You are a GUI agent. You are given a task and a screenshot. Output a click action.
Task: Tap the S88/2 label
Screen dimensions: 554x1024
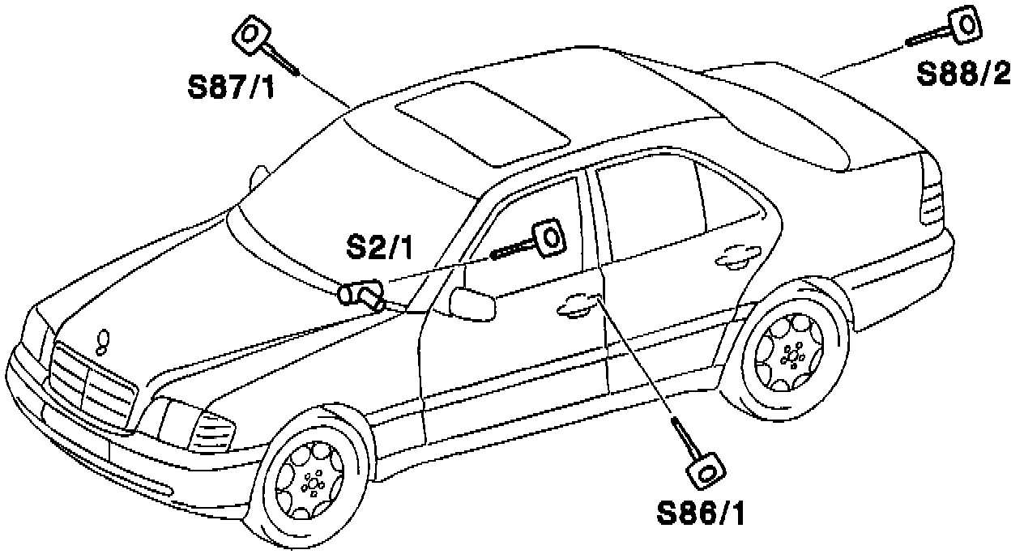coord(963,74)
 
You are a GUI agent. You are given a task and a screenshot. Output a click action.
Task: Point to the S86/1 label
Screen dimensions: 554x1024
coord(702,513)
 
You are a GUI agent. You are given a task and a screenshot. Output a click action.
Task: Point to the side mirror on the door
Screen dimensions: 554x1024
coord(471,304)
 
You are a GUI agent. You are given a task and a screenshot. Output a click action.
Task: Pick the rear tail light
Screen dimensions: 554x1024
coord(932,202)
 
